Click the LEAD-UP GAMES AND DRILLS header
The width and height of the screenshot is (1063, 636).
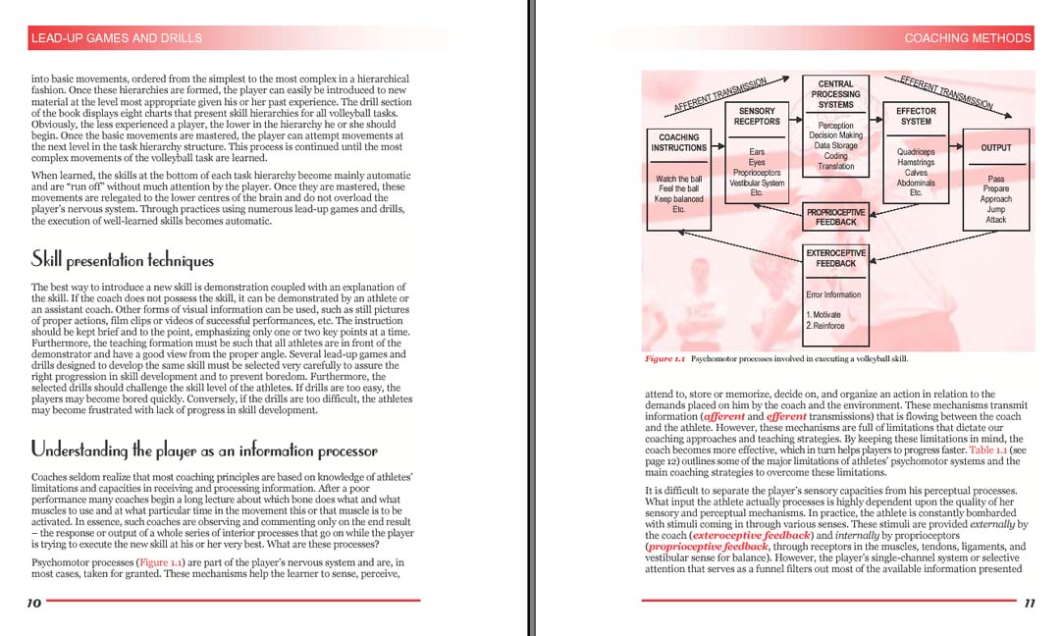[117, 38]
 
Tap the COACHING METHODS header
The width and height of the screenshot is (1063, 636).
[967, 38]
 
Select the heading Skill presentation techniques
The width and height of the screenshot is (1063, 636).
[123, 260]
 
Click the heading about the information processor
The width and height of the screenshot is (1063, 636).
[204, 450]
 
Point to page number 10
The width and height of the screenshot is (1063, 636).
[33, 604]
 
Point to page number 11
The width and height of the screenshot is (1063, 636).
[1029, 604]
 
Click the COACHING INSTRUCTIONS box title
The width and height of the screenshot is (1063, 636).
[678, 143]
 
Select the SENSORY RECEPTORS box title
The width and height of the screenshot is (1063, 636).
[757, 117]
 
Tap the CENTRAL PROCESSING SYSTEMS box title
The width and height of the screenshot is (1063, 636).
[835, 94]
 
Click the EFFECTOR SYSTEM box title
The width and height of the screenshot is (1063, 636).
[916, 117]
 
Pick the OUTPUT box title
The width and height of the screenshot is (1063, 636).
[996, 148]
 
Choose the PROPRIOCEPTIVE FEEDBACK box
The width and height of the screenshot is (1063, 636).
[835, 217]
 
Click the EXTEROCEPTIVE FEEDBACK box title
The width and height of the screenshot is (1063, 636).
[835, 258]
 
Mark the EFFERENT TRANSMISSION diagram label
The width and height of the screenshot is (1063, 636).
[945, 91]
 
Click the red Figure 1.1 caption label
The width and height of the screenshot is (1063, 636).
[664, 359]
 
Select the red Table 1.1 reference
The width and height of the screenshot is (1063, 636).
[986, 450]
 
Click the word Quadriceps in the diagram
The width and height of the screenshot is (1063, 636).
[916, 152]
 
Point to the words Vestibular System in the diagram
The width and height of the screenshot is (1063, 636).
[757, 183]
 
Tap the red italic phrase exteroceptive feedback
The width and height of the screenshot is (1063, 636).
[751, 536]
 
